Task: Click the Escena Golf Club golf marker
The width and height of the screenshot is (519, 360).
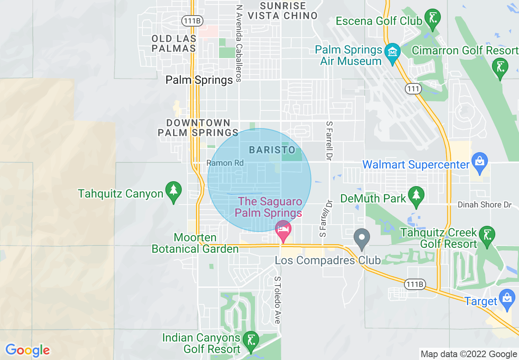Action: coord(432,18)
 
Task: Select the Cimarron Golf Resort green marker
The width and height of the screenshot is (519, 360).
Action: coord(500,67)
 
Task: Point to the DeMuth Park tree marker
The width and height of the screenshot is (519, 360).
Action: coord(416,196)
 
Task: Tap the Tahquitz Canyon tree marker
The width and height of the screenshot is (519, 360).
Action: coord(174,191)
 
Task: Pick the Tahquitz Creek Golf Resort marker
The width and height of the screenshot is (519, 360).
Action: coord(487,235)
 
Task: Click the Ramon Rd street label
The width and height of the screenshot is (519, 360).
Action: coord(225,163)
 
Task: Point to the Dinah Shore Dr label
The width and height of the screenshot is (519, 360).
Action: coord(484,205)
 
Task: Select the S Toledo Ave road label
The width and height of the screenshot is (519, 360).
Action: coord(278,300)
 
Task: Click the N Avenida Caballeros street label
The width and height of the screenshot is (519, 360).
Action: coord(239,43)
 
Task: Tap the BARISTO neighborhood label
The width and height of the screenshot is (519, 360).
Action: coord(272,149)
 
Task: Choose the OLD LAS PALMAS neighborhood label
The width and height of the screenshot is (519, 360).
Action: coord(174,43)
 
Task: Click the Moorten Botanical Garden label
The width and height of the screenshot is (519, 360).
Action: coord(195,243)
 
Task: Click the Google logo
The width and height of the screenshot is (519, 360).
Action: coord(27,350)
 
